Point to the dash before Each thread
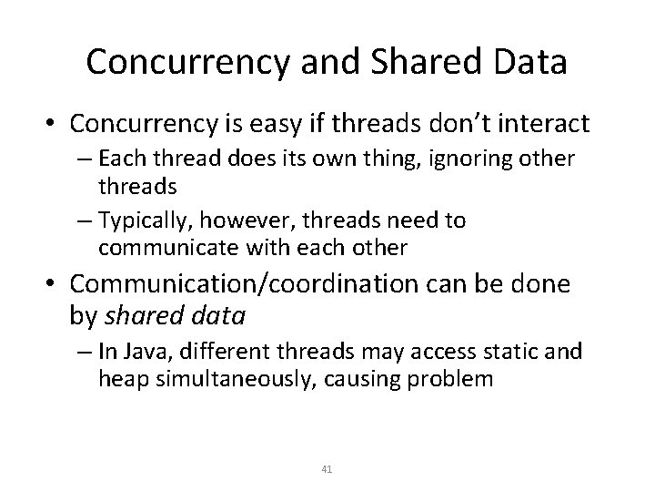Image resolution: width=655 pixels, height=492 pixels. [x=88, y=159]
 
